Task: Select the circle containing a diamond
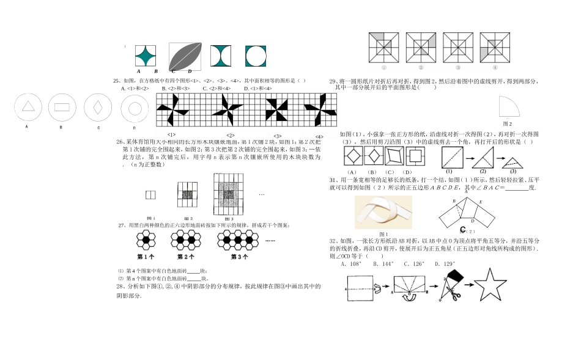(98, 107)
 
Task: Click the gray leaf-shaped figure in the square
(187, 56)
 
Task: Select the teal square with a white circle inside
(256, 56)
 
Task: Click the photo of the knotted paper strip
(383, 211)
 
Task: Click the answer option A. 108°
(352, 264)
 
